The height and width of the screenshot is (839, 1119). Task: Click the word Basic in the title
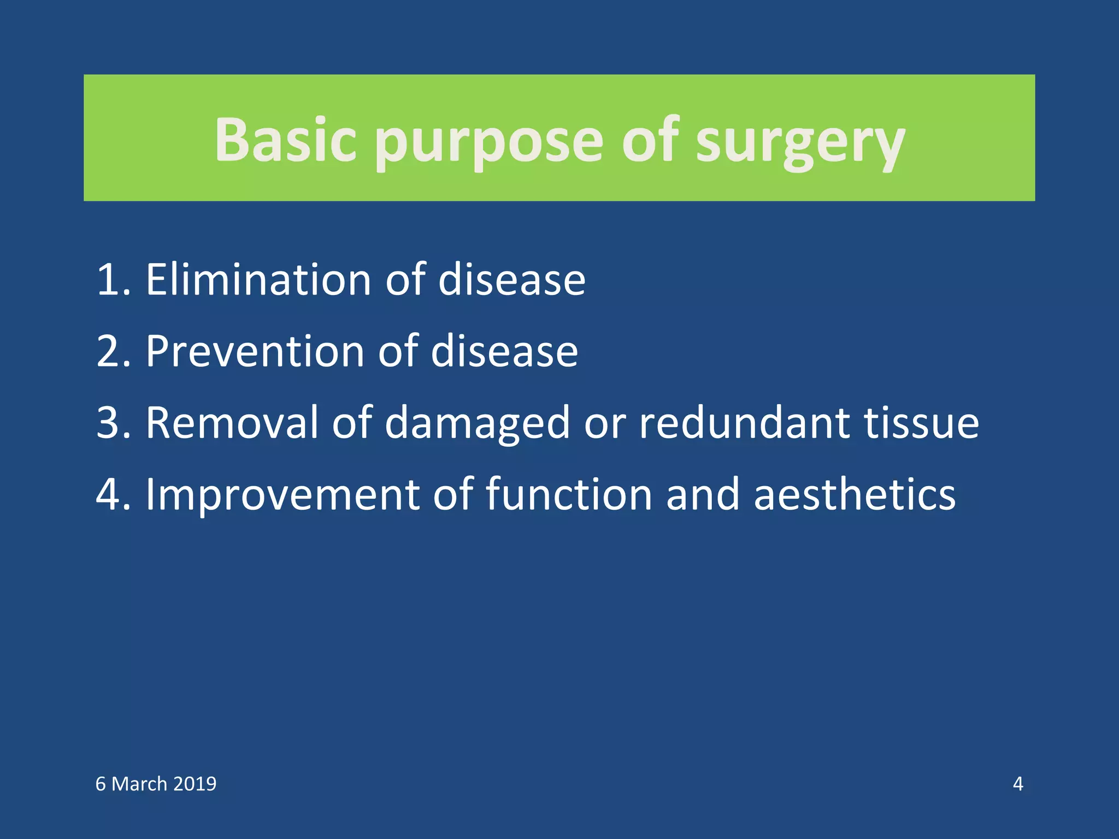coord(285,141)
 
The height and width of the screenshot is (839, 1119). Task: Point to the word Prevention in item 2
coord(255,351)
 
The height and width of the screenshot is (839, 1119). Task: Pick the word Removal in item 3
coord(231,423)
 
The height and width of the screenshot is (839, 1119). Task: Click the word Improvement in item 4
coord(282,495)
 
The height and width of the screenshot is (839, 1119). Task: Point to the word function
coord(569,494)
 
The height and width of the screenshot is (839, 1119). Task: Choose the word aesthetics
coord(855,494)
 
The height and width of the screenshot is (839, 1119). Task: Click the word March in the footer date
coord(139,784)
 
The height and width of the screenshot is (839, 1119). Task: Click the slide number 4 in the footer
coord(1017,784)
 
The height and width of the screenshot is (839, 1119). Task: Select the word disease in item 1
coord(512,280)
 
